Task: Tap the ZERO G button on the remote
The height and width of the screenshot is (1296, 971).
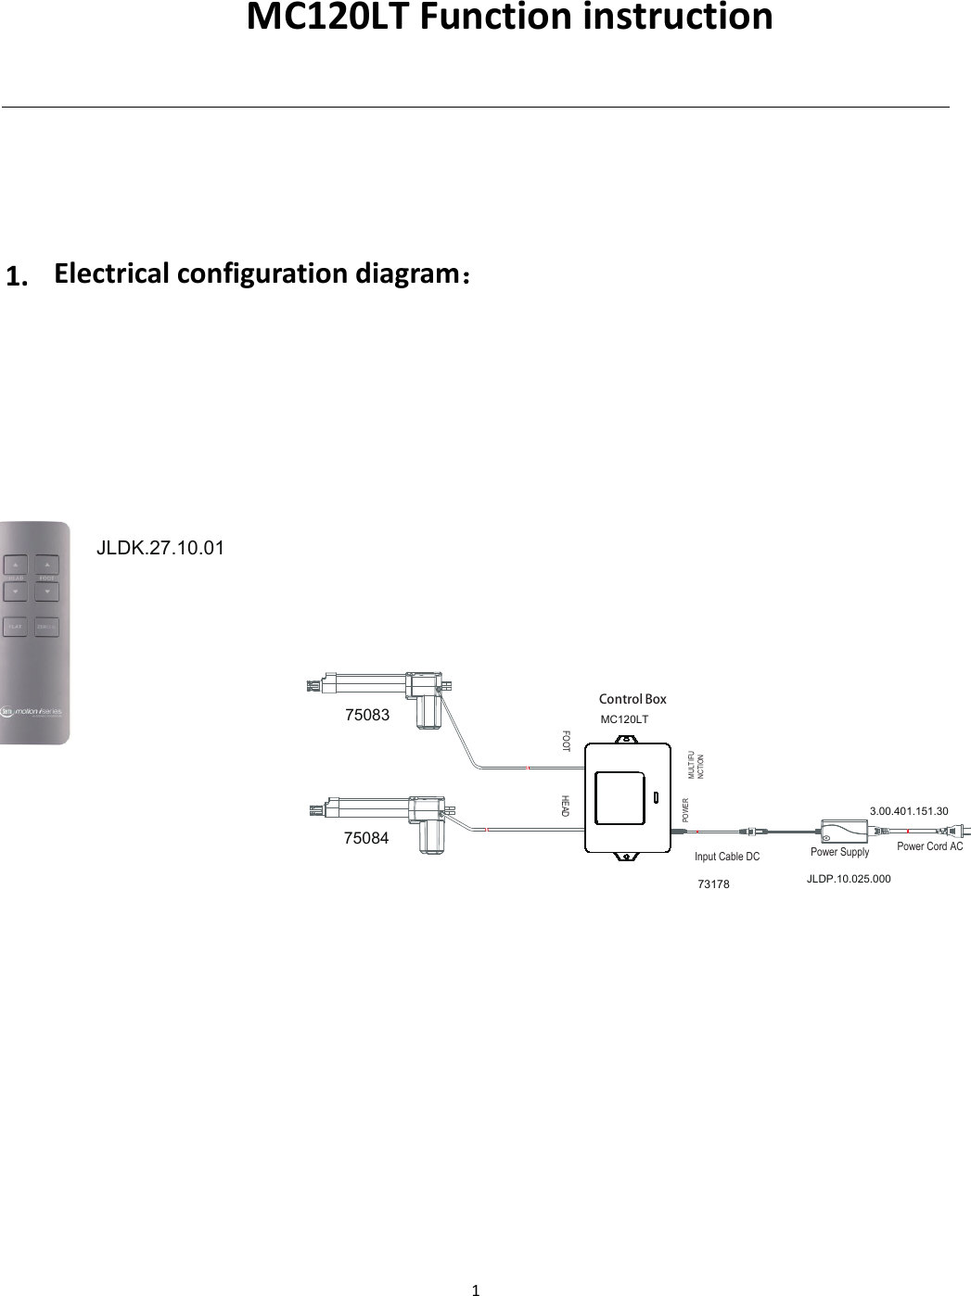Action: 47,627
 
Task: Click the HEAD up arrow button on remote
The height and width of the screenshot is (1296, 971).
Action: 16,564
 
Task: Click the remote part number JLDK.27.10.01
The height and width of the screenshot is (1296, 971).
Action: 160,548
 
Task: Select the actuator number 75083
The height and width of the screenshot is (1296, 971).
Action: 367,716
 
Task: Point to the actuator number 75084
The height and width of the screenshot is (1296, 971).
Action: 366,838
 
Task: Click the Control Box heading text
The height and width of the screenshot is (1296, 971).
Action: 632,699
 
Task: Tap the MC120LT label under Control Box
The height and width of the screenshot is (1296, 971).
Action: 624,719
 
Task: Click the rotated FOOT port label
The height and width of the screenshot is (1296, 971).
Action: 566,741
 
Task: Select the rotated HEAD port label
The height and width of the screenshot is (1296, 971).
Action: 564,806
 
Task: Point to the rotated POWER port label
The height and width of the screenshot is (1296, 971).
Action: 685,810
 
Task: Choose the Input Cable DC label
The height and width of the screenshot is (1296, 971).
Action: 727,857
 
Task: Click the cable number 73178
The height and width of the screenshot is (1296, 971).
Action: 713,884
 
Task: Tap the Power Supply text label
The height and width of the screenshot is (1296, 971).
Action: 839,852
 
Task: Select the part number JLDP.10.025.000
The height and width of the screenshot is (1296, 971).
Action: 849,879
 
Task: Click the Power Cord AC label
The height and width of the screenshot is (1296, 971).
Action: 929,846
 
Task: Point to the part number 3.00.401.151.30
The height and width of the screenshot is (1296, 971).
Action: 909,811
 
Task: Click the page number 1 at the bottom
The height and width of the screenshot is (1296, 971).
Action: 476,1289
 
